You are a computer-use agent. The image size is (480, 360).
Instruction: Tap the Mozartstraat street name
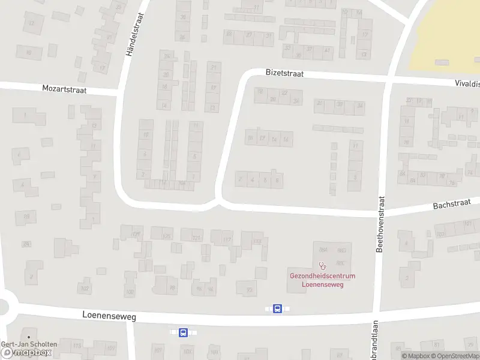click(64, 89)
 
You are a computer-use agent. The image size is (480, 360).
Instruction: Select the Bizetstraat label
click(284, 73)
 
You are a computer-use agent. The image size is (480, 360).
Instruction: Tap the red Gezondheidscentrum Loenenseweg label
click(316, 280)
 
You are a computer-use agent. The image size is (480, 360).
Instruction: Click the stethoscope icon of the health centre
click(322, 265)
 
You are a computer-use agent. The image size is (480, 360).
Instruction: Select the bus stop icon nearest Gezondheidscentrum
click(277, 308)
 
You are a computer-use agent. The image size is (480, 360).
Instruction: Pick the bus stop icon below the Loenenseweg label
click(183, 332)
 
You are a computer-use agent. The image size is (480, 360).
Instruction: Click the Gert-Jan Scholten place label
click(29, 344)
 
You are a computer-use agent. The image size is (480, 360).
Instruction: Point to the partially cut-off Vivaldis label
click(467, 85)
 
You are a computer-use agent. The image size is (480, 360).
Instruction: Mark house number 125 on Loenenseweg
click(166, 236)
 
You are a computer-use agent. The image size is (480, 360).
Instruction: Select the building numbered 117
click(227, 240)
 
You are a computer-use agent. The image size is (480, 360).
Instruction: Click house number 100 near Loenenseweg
click(130, 292)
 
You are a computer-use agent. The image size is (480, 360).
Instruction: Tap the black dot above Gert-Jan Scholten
click(29, 337)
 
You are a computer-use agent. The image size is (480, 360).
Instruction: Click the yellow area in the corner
click(447, 36)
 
